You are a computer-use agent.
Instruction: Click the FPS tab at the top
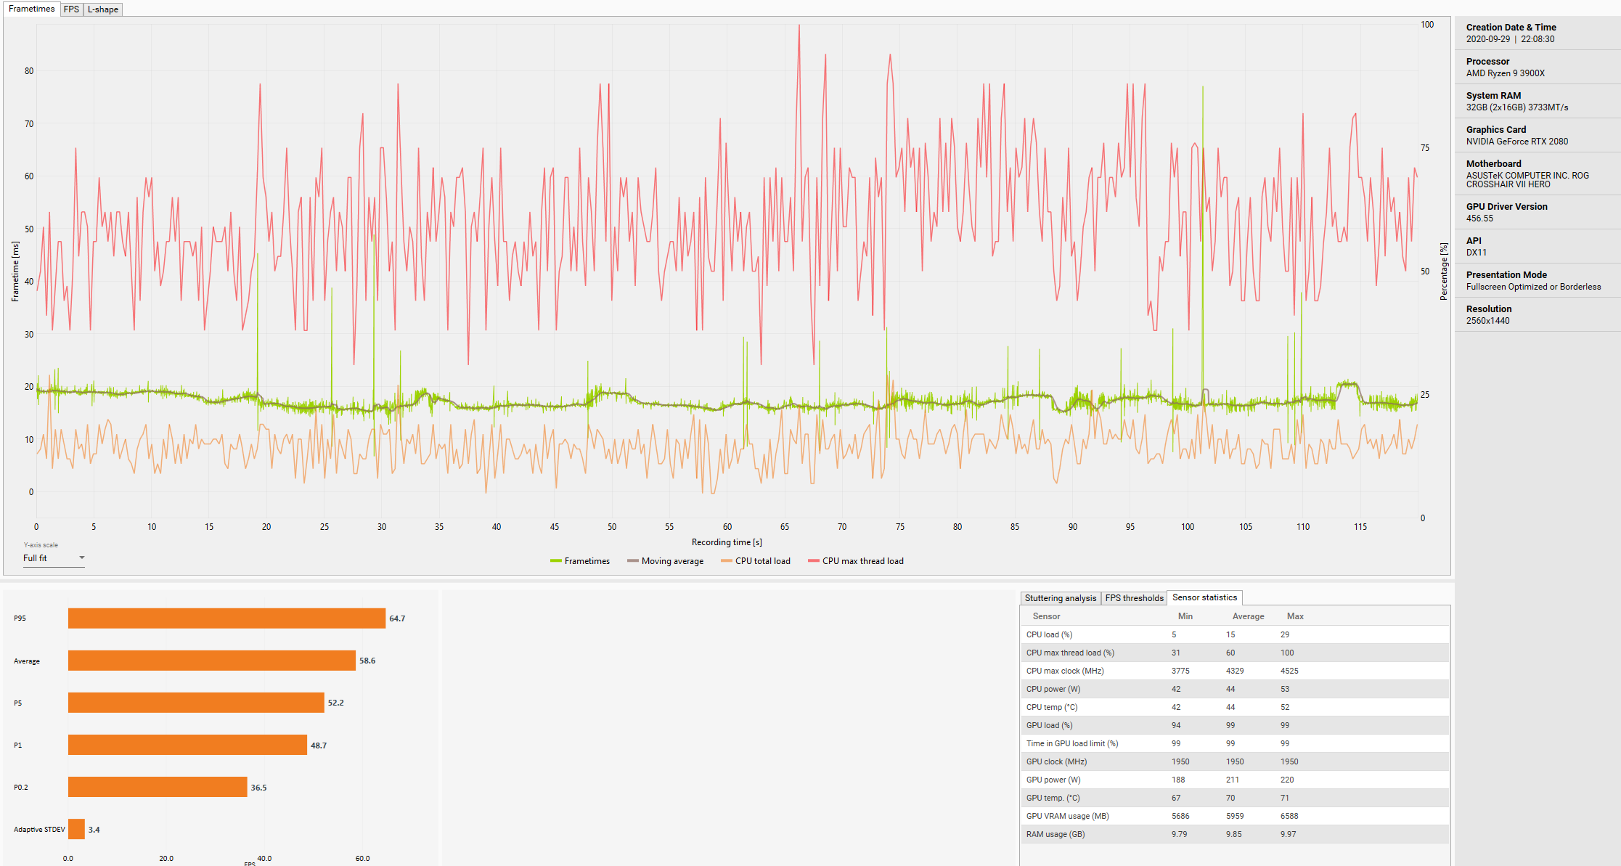[x=71, y=9]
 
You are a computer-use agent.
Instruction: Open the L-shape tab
[x=103, y=9]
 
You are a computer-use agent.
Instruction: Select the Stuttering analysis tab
[x=1060, y=598]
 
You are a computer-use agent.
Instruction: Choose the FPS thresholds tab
[x=1134, y=598]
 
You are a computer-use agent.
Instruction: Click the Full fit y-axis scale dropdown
[x=54, y=558]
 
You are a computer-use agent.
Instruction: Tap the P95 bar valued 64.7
[x=226, y=618]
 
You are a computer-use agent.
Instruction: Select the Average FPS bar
[x=211, y=661]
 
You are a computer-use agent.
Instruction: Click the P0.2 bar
[x=158, y=788]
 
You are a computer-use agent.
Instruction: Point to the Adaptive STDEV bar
[x=76, y=830]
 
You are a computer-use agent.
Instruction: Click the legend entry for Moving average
[x=666, y=561]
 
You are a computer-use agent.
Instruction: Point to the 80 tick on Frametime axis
[x=29, y=71]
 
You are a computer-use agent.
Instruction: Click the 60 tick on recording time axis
[x=727, y=527]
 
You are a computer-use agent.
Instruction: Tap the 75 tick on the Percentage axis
[x=1425, y=148]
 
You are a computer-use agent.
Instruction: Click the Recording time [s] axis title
[x=727, y=542]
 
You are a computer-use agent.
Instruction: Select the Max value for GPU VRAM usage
[x=1289, y=816]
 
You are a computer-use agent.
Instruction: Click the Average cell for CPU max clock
[x=1235, y=671]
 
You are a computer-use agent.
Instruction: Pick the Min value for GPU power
[x=1178, y=780]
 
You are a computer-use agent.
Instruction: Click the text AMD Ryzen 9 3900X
[x=1505, y=73]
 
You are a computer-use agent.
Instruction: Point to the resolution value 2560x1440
[x=1487, y=321]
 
